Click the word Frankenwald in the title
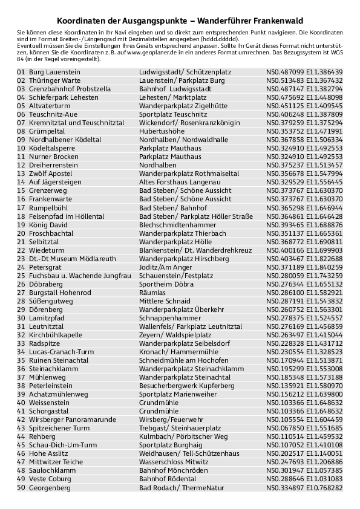click(x=276, y=20)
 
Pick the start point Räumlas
click(x=152, y=293)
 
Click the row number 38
click(x=21, y=385)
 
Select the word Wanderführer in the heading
click(x=221, y=20)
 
